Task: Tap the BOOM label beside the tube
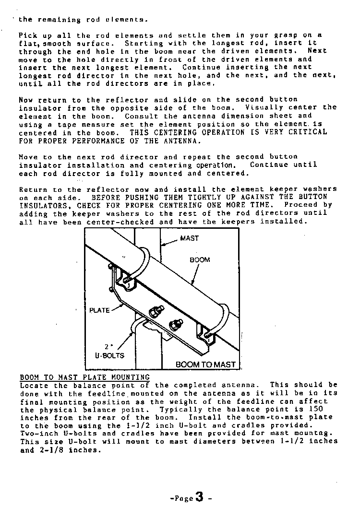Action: point(200,259)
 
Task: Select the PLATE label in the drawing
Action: point(99,310)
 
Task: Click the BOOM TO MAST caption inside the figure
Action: point(205,365)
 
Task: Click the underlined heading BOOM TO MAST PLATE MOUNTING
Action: point(84,377)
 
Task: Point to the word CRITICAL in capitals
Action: point(308,132)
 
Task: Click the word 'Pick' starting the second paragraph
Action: point(27,35)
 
